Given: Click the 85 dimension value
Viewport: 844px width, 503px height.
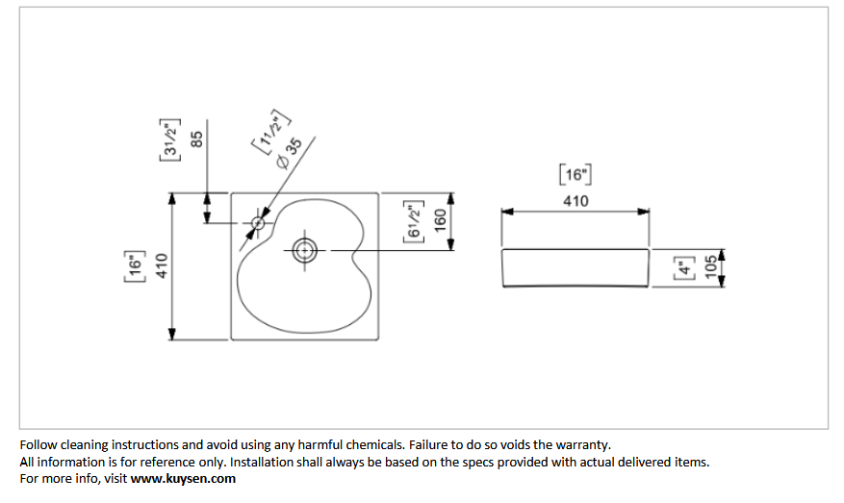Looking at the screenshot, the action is click(x=197, y=139).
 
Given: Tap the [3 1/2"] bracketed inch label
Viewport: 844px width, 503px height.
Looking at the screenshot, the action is click(x=169, y=139).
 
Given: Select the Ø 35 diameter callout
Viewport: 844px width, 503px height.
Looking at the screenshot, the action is click(x=290, y=153).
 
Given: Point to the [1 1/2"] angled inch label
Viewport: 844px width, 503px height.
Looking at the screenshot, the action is click(x=271, y=132).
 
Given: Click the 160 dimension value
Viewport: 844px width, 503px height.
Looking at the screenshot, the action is click(x=441, y=220).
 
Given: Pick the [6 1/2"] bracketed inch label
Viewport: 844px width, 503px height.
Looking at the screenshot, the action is click(x=414, y=221).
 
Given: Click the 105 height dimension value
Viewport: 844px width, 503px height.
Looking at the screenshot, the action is click(x=711, y=267).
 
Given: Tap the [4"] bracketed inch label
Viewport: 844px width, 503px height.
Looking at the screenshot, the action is click(x=683, y=268).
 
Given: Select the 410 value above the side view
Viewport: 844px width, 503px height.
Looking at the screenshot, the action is click(x=575, y=201).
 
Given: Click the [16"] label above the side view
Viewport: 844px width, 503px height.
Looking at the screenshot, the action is click(x=575, y=174).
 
